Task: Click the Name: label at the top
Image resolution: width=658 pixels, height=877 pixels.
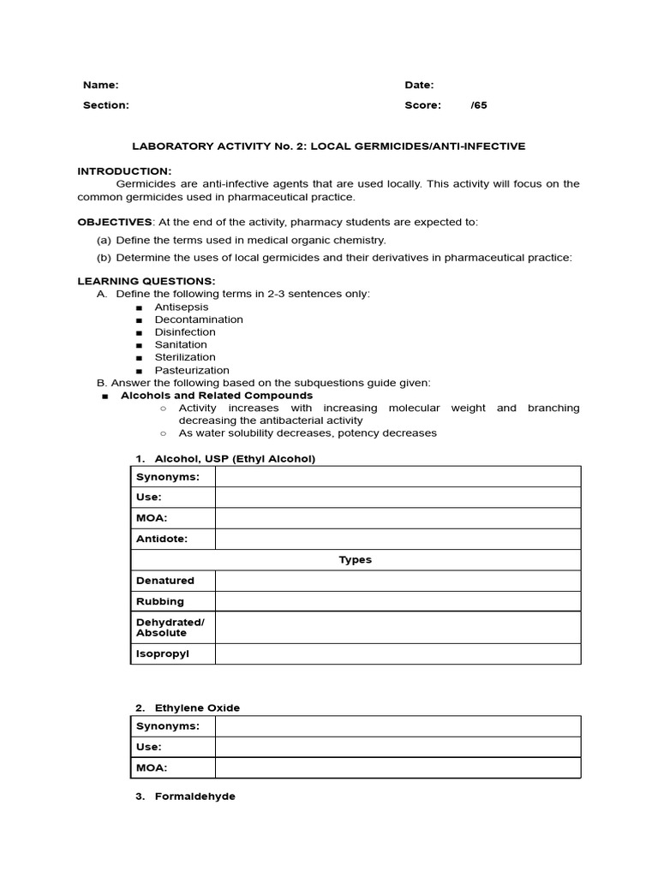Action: (x=100, y=85)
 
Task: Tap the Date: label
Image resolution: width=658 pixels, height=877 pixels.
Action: (x=419, y=85)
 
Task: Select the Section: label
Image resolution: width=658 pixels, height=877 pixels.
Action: (x=105, y=105)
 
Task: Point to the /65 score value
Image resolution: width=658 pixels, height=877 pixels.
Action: (x=478, y=105)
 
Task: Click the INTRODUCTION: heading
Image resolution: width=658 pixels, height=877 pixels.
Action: (x=124, y=171)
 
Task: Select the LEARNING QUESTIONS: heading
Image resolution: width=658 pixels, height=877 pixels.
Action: (x=147, y=281)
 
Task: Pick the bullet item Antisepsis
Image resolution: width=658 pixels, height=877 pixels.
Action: (x=181, y=307)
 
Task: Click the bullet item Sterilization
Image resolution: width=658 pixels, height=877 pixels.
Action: (x=185, y=357)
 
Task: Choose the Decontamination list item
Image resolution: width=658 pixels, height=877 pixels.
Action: (x=199, y=319)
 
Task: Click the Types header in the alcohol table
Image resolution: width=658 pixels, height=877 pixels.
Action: (x=355, y=560)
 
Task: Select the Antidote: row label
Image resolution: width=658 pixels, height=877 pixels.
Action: (x=161, y=539)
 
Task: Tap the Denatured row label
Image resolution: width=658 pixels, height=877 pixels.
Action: (x=164, y=581)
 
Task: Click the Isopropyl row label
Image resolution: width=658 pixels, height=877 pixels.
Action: (x=162, y=653)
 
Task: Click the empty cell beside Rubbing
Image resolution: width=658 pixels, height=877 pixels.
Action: (x=398, y=601)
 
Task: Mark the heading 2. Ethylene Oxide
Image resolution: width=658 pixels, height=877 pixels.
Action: (x=196, y=707)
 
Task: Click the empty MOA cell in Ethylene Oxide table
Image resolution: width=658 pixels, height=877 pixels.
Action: (x=398, y=767)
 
